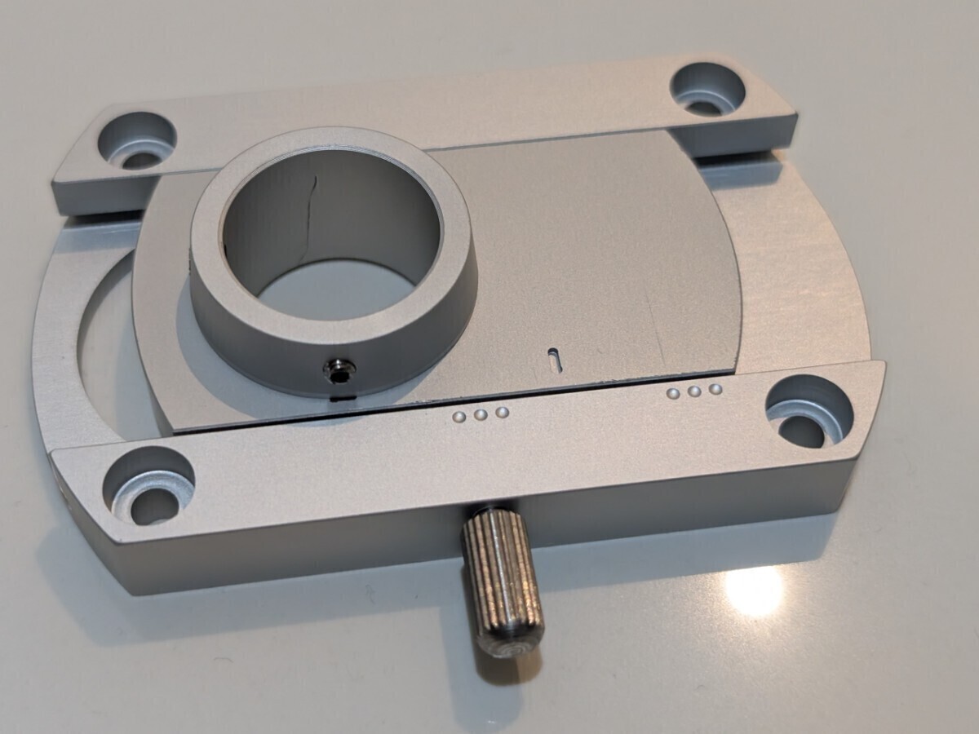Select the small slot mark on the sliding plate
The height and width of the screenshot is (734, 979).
(x=554, y=355)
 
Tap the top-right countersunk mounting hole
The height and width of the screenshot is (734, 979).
(x=707, y=89)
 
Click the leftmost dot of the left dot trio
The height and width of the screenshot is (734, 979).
(x=460, y=418)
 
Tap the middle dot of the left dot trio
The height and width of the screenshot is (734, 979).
(x=481, y=415)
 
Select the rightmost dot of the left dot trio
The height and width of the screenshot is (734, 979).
(x=503, y=412)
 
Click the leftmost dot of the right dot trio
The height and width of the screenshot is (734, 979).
(x=673, y=393)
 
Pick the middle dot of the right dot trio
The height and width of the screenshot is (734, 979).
(x=694, y=391)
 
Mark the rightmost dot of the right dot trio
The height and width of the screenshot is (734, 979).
(x=715, y=389)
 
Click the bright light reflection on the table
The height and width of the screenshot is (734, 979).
(x=755, y=591)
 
